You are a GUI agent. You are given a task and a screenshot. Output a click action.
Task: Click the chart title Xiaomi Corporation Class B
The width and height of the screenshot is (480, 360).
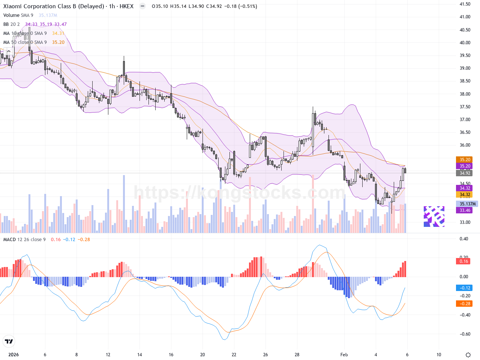(x=54, y=6)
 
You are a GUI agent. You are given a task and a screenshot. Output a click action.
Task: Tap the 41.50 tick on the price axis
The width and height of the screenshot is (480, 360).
(x=465, y=4)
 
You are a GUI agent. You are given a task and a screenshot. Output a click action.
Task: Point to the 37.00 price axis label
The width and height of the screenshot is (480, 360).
(x=465, y=120)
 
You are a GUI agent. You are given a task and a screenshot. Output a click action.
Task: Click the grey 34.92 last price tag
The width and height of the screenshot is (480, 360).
(x=465, y=173)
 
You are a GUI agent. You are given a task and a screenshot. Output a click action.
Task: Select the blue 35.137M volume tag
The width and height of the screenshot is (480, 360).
(x=467, y=204)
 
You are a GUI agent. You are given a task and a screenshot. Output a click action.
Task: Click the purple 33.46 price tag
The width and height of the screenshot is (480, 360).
(x=465, y=210)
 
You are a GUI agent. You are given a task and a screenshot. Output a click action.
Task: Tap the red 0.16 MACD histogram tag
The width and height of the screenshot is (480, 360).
(x=464, y=261)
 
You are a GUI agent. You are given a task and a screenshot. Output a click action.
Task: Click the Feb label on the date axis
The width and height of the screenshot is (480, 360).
(x=344, y=355)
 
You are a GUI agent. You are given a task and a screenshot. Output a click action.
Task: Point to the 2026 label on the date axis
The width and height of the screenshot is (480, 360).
(x=13, y=355)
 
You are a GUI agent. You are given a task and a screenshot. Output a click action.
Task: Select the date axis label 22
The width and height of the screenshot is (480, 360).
(x=234, y=355)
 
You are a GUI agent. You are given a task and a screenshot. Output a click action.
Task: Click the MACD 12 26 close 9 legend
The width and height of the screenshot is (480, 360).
(x=24, y=240)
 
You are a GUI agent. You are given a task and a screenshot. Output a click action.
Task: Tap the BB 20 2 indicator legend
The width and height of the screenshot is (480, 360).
(x=12, y=24)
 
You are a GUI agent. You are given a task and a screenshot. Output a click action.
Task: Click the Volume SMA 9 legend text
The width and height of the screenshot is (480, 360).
(x=18, y=15)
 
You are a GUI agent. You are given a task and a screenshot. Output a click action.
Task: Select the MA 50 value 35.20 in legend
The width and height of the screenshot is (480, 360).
(x=58, y=42)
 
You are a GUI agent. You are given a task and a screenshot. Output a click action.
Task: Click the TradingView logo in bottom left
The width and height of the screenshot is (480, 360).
(x=9, y=341)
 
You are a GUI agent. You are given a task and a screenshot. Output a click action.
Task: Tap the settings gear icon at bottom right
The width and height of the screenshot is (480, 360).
(x=468, y=355)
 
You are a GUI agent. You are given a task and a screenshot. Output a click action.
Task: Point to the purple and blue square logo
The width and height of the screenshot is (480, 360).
(x=434, y=216)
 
